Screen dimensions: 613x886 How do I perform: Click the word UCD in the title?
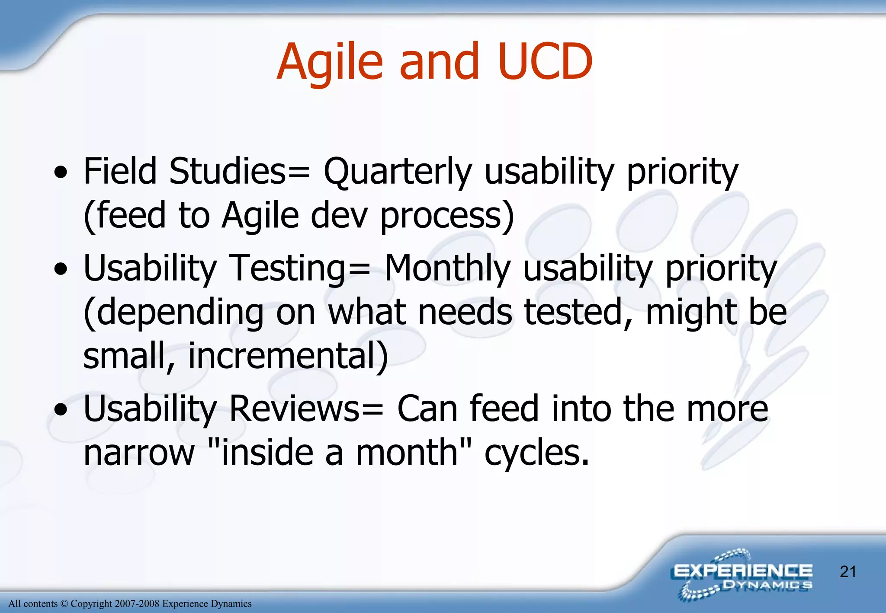click(545, 61)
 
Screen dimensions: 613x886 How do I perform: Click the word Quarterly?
click(397, 172)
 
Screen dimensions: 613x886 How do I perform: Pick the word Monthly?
click(447, 268)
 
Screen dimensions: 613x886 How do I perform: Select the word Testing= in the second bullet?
click(299, 268)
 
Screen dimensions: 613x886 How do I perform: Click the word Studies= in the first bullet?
click(239, 172)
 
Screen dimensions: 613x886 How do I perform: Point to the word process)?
click(447, 216)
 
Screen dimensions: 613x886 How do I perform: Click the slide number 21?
click(848, 572)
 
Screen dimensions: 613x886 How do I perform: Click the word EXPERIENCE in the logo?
click(742, 571)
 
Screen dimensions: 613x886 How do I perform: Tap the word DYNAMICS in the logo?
click(767, 585)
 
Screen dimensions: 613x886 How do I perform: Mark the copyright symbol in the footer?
click(64, 604)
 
